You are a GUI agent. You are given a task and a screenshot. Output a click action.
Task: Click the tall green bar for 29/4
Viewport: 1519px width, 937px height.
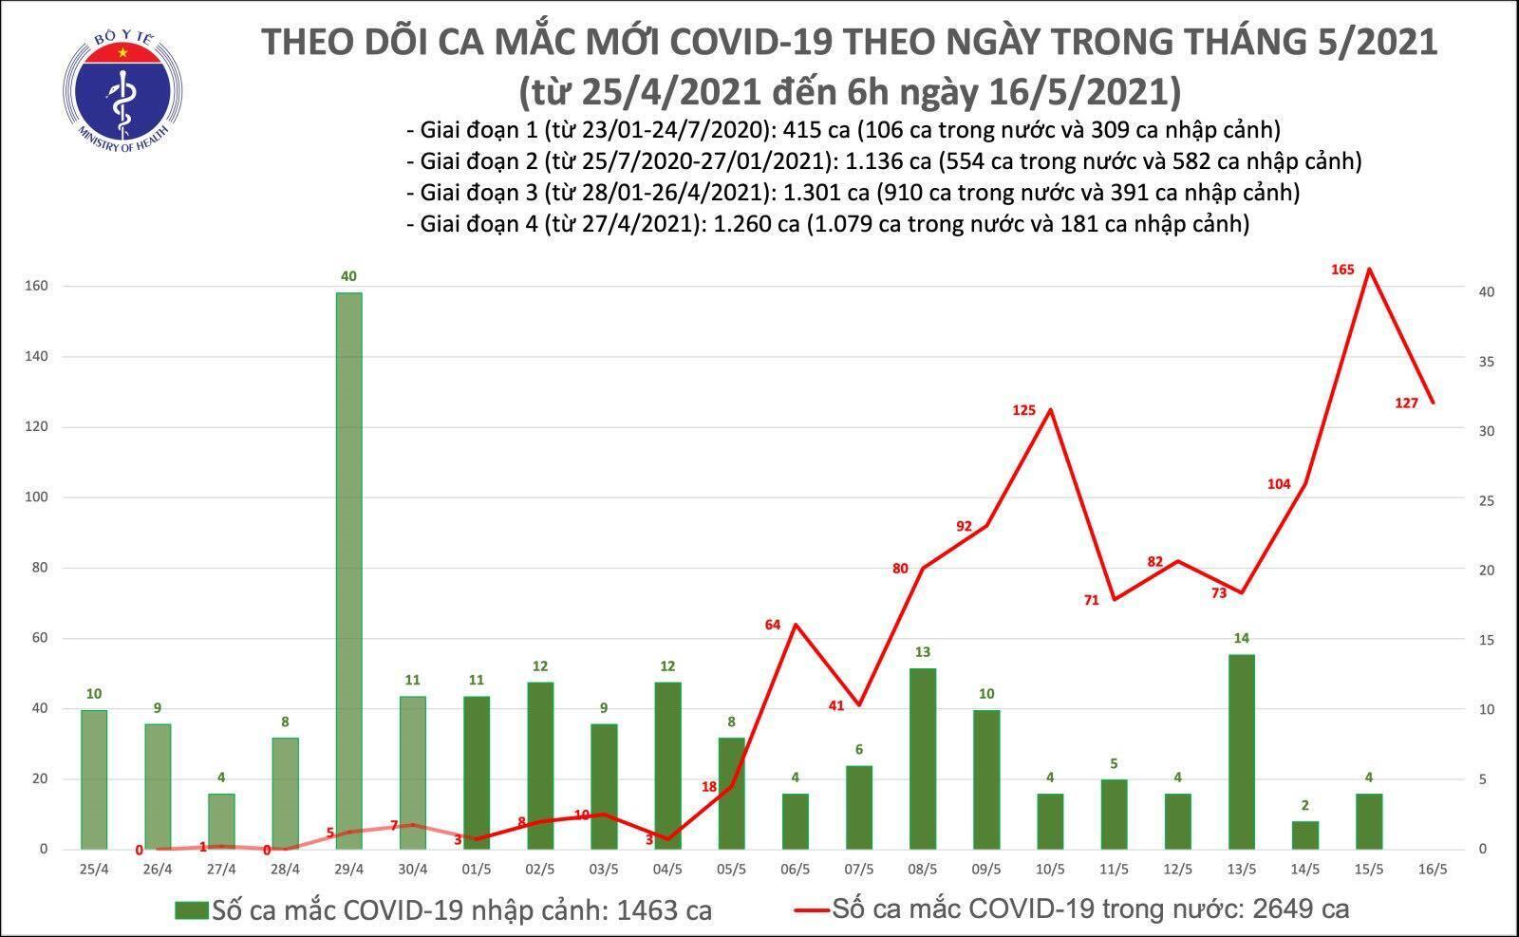pos(348,570)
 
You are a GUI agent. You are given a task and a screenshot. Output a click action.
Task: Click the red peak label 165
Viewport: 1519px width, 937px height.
pos(1342,271)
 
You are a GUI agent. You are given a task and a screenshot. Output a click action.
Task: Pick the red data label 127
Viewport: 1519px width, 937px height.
pos(1406,403)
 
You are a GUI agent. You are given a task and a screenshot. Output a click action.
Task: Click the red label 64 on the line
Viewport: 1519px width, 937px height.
pos(772,625)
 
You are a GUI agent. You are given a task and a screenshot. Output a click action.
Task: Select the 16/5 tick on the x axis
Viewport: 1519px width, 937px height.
pos(1432,869)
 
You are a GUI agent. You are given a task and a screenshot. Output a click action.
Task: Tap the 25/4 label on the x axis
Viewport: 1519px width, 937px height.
pos(93,869)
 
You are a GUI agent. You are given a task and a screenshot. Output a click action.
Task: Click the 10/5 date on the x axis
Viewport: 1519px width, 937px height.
pos(1049,869)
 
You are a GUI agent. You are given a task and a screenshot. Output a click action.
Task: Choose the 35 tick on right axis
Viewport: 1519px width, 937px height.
pos(1463,363)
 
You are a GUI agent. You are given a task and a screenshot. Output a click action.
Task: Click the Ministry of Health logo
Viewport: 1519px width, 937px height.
pos(122,87)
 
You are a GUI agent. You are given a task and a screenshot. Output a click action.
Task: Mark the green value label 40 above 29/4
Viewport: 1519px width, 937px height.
pos(348,277)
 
